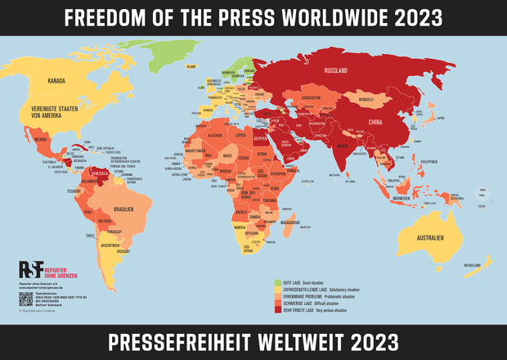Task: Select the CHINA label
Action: coord(375,122)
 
